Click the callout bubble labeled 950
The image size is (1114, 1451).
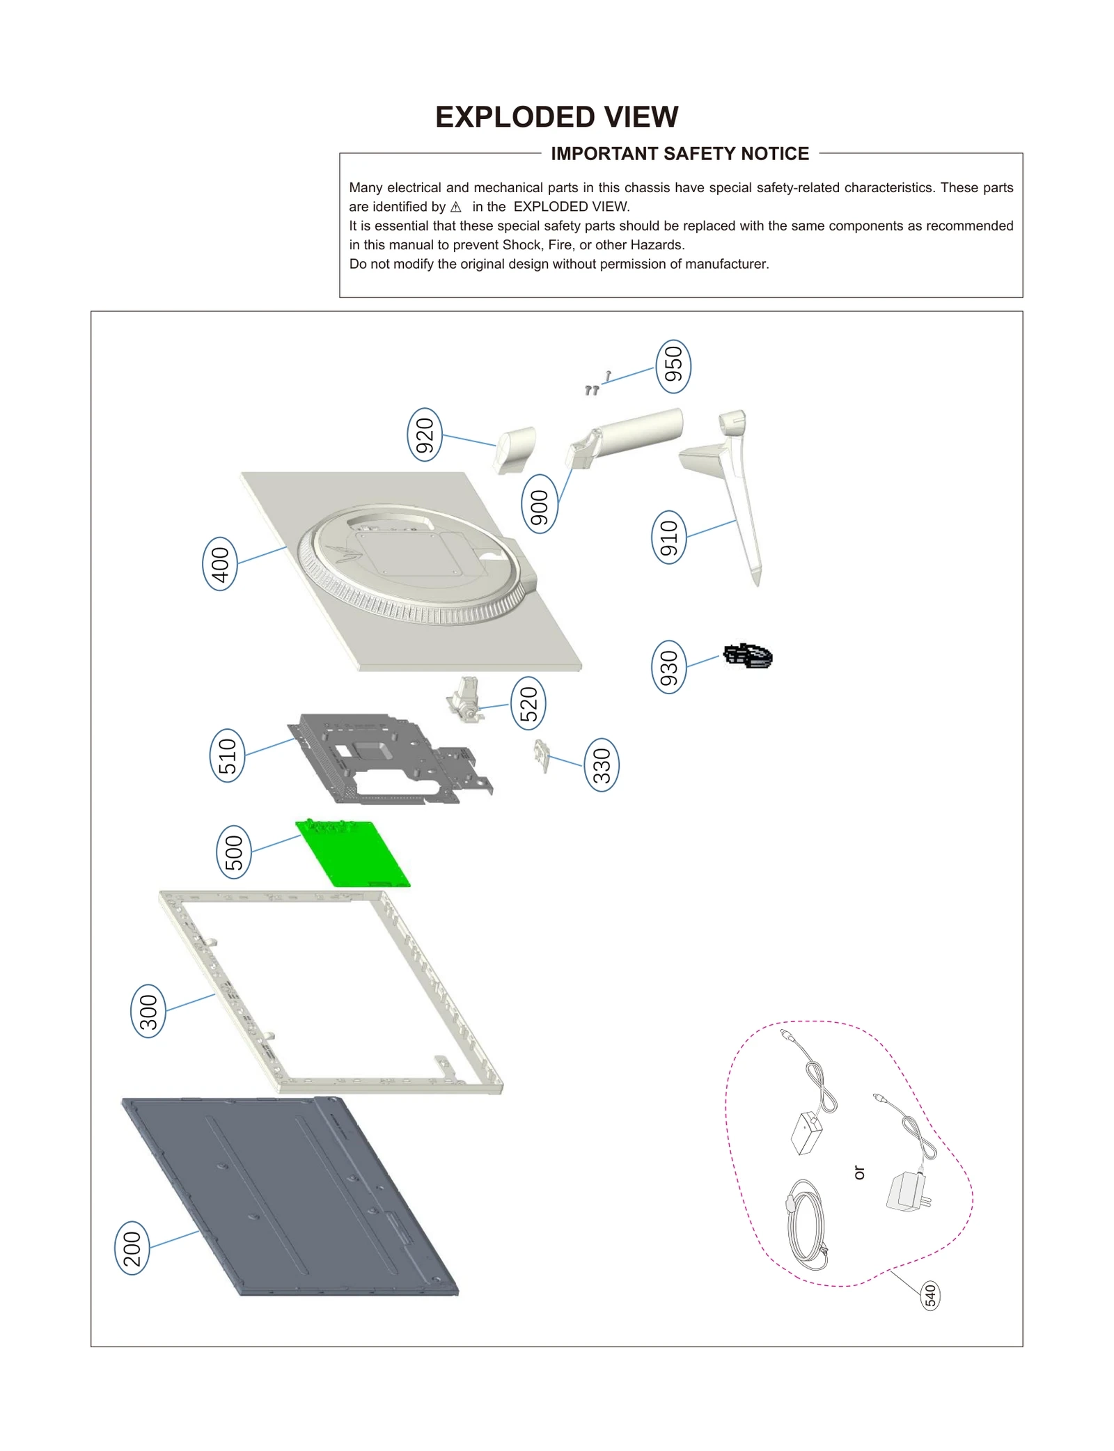[x=673, y=366]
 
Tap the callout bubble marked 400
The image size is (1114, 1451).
[x=220, y=563]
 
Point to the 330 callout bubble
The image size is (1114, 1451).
[x=602, y=764]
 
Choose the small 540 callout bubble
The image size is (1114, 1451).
[x=930, y=1296]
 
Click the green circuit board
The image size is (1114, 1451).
[x=353, y=854]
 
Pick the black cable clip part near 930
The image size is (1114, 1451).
[x=748, y=656]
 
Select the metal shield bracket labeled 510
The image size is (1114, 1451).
[x=390, y=759]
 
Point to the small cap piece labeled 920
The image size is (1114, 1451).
[x=516, y=448]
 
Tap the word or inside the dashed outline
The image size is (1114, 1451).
[x=859, y=1172]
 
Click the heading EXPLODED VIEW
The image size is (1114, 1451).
[x=556, y=117]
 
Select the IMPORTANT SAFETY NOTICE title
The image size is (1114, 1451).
[x=680, y=154]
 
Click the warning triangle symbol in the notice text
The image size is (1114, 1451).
[x=456, y=207]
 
